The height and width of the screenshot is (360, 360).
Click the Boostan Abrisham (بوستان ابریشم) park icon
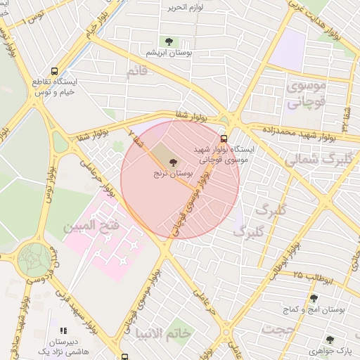coord(168,41)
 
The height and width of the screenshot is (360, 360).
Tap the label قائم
coord(137,71)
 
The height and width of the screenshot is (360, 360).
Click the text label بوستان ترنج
coord(174,173)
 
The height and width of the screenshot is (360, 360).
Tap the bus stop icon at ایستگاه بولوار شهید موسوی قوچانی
coord(224,139)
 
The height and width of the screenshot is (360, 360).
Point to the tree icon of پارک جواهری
coord(330,340)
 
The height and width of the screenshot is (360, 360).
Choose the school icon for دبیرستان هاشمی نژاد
coord(63,330)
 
